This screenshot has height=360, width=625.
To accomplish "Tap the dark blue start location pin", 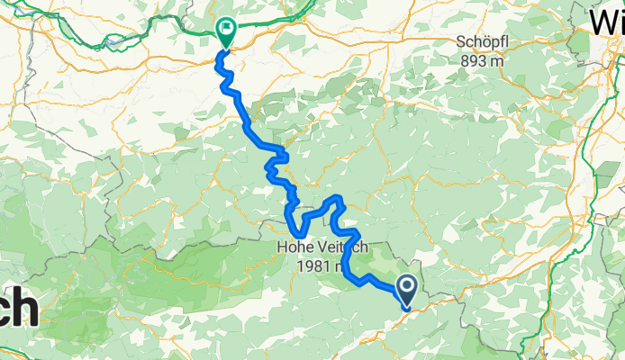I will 406,290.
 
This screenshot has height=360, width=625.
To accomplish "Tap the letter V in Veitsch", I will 320,244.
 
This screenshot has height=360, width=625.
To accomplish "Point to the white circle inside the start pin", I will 406,286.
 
